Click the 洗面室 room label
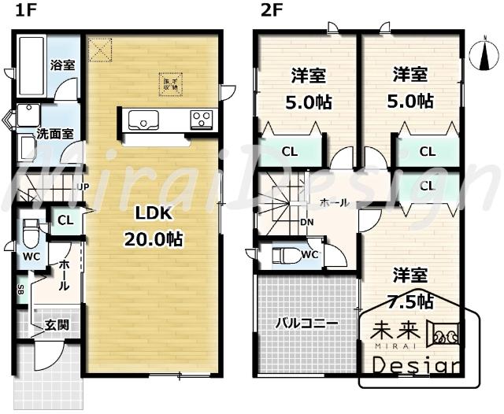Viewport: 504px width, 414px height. [56, 134]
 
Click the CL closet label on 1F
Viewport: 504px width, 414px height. [65, 221]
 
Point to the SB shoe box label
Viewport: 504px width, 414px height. [20, 289]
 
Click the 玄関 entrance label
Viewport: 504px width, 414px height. [55, 324]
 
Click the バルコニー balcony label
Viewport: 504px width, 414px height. [306, 323]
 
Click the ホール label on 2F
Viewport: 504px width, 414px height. [334, 203]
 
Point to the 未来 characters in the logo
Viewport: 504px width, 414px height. [391, 330]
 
